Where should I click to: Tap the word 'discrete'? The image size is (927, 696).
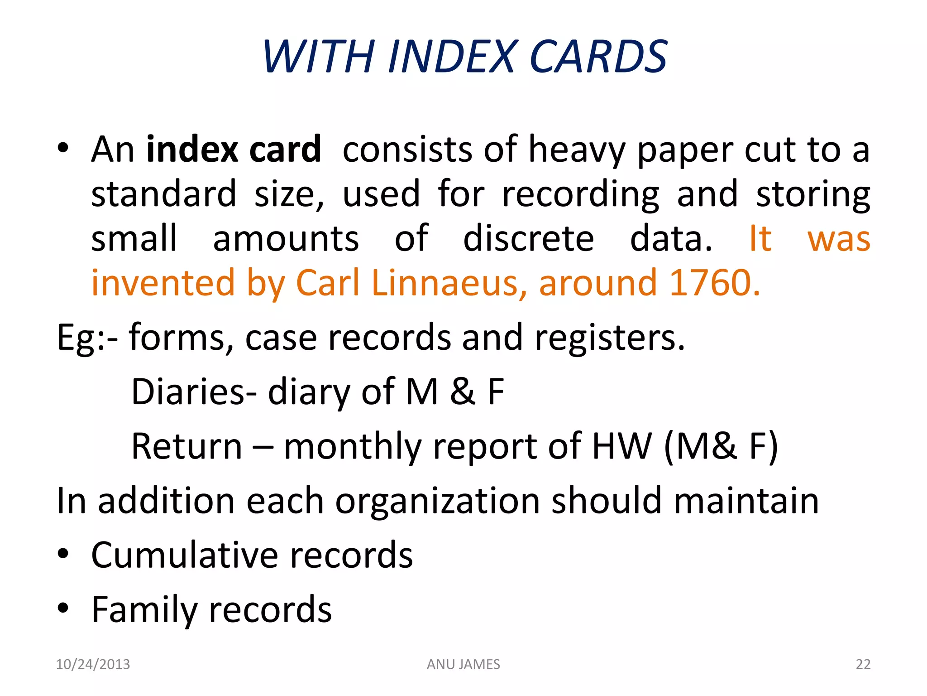coord(528,238)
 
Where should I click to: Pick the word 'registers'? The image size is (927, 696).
coord(609,338)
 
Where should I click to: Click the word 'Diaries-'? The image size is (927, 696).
coord(194,391)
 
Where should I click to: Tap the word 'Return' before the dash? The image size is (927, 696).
coord(186,446)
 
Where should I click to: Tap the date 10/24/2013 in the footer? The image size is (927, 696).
coord(93,664)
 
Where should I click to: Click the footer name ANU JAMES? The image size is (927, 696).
coord(463,664)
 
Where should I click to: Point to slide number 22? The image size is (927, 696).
coord(863,664)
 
